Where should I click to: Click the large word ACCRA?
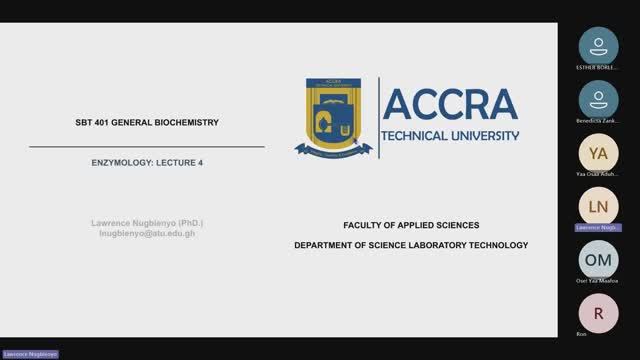tap(449, 104)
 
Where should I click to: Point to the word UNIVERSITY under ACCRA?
tap(490, 135)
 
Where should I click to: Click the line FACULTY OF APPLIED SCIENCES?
tap(411, 225)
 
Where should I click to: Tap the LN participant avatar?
tap(598, 206)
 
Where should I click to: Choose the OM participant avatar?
tap(598, 259)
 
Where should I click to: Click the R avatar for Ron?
tap(598, 312)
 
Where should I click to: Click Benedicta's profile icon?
tap(598, 98)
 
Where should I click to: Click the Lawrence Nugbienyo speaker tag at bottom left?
tap(30, 354)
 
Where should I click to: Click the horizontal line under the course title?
tap(146, 147)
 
